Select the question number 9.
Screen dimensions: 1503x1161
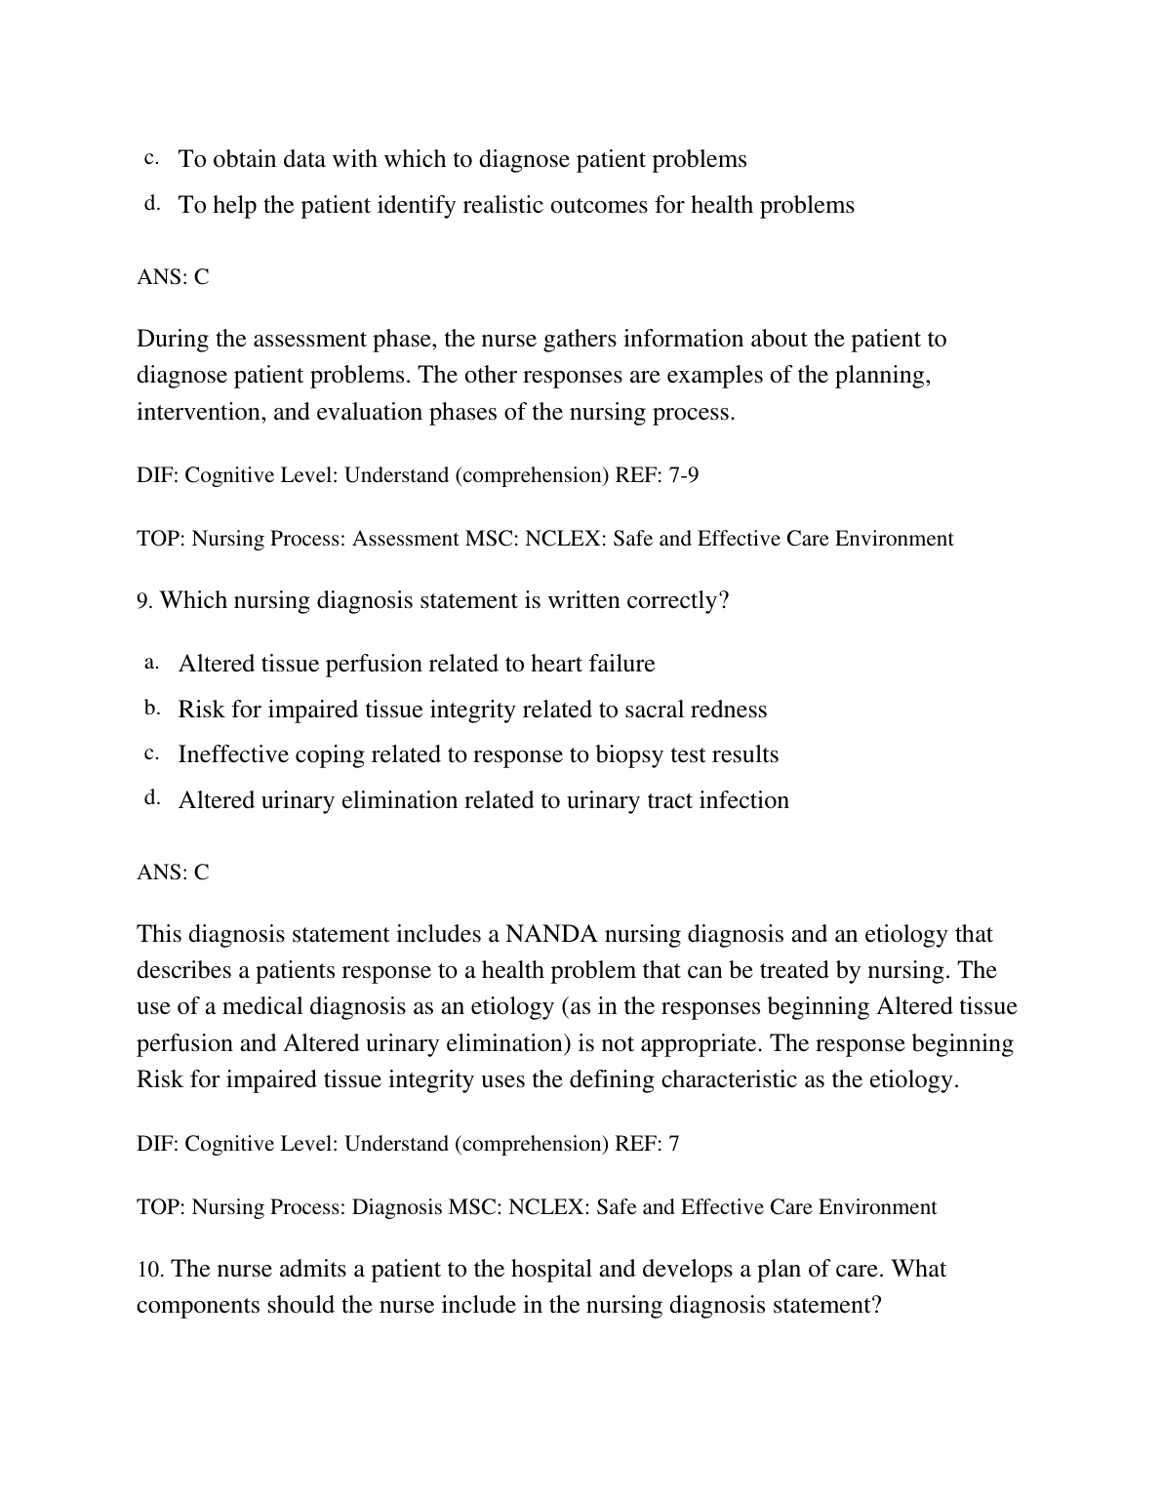tap(144, 601)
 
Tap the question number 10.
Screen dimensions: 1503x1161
tap(150, 1270)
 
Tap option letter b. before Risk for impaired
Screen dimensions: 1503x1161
tap(151, 708)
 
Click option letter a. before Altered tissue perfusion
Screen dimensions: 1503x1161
tap(151, 663)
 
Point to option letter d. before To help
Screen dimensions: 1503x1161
tap(151, 203)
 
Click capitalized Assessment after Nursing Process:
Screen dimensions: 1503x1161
tap(405, 539)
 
